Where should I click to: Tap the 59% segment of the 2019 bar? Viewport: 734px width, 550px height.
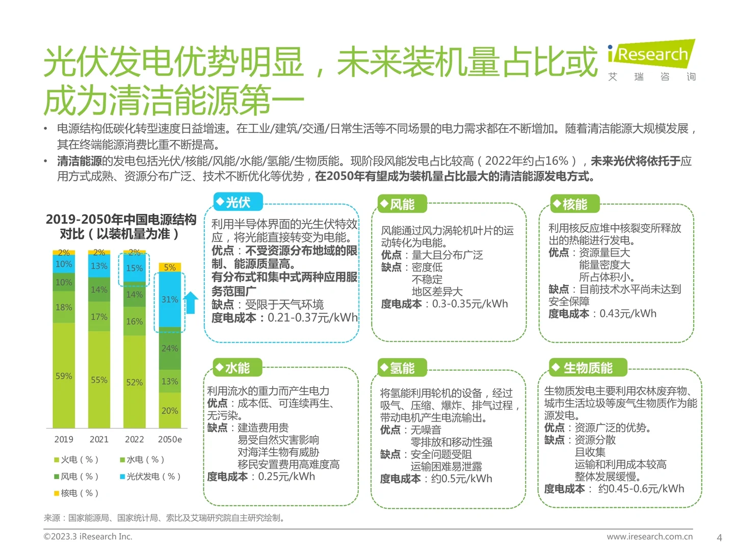click(64, 376)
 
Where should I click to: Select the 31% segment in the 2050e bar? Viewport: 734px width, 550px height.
click(170, 299)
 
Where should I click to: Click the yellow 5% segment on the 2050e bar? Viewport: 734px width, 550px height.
click(170, 267)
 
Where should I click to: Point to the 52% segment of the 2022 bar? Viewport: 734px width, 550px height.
click(135, 382)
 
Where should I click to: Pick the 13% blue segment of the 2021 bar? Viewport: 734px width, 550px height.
click(99, 266)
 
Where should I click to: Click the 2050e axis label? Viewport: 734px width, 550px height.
click(170, 439)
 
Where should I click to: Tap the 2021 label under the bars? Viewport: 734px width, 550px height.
click(99, 439)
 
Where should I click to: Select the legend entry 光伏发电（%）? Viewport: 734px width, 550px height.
click(150, 477)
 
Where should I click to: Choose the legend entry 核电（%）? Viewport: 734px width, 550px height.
click(76, 493)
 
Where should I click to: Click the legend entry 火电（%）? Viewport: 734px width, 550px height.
click(76, 460)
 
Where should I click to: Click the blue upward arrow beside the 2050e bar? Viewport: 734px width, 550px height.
click(191, 302)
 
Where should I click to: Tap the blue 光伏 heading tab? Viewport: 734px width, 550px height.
click(238, 202)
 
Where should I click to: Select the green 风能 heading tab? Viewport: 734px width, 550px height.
click(402, 205)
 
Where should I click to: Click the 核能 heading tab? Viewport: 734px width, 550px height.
click(574, 205)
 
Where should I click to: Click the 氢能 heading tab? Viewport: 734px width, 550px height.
click(402, 368)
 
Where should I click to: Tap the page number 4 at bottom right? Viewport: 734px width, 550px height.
click(719, 537)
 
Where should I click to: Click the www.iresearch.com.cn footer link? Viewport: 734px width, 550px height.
click(649, 536)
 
